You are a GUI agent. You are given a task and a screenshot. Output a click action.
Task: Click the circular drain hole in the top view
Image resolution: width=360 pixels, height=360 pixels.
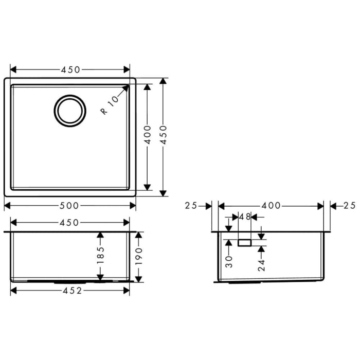[x=70, y=110]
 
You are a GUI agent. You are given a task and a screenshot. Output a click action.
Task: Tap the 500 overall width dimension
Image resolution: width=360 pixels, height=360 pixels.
[x=70, y=206]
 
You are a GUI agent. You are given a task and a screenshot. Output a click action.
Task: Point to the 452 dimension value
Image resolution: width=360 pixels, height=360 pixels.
[x=70, y=291]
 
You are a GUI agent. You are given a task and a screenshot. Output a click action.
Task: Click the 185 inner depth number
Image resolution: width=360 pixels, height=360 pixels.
[x=100, y=256]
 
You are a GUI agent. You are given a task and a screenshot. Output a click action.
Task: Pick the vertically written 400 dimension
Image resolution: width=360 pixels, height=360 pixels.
[x=148, y=135]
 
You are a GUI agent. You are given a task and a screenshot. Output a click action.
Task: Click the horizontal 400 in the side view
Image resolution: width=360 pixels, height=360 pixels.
[x=271, y=206]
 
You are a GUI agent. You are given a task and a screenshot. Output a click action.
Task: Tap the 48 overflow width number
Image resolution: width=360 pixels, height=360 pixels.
[x=245, y=217]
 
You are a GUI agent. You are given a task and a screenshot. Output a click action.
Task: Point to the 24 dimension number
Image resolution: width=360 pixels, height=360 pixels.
[x=261, y=264]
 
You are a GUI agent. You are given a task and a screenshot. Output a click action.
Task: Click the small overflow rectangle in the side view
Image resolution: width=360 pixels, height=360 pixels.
[x=244, y=241]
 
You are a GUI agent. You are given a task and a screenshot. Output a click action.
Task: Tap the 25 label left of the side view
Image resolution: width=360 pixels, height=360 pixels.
[x=191, y=206]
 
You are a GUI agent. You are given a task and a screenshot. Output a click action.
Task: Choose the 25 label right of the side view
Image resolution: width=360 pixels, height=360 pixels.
[x=349, y=206]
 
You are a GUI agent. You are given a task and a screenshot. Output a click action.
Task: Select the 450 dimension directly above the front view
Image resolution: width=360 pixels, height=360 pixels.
[x=70, y=223]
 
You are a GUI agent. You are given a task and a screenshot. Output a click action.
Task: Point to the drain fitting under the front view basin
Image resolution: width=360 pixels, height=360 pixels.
[x=65, y=282]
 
